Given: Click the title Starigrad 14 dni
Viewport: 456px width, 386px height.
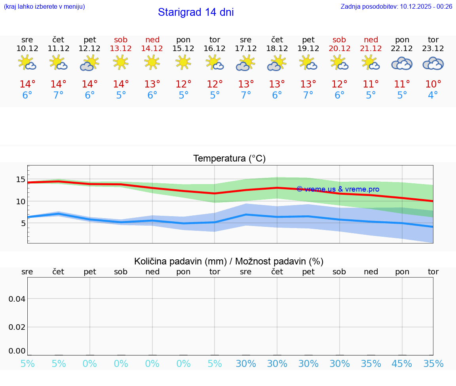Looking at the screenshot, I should coord(196,12).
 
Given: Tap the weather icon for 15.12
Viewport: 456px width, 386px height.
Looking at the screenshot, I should coord(183,63).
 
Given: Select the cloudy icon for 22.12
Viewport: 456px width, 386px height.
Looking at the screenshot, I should coord(402,63).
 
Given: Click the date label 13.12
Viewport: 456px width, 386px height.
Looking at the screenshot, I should coord(121,48).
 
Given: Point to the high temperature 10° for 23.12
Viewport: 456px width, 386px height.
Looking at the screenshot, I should coord(433,84).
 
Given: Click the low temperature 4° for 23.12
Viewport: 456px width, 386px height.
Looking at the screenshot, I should coord(433,95).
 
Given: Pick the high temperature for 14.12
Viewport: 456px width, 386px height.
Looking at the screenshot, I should coord(152,84).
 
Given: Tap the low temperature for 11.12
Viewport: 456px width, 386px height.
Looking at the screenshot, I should coord(59,95).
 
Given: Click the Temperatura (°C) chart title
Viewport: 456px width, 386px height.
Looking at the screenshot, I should coord(229,159).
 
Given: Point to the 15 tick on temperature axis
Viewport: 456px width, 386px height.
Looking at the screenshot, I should coord(21,179).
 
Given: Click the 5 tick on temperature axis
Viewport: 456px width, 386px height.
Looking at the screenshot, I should coord(23,223).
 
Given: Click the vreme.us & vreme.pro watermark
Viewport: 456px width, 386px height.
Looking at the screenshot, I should coord(338,189).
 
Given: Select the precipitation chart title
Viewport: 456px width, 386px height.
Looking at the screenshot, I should coord(229,261).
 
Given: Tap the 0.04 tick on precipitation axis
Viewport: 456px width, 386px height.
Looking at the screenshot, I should coord(17,299).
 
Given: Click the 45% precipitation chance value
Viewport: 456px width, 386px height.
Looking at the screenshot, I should coord(402,364).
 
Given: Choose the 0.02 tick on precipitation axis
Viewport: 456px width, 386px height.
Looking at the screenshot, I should coord(17,327).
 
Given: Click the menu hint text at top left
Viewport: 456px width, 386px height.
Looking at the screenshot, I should coord(44,6).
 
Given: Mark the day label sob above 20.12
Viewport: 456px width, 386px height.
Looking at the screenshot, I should coord(339,40).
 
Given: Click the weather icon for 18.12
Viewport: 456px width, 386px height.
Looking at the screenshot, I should coord(277,63).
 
